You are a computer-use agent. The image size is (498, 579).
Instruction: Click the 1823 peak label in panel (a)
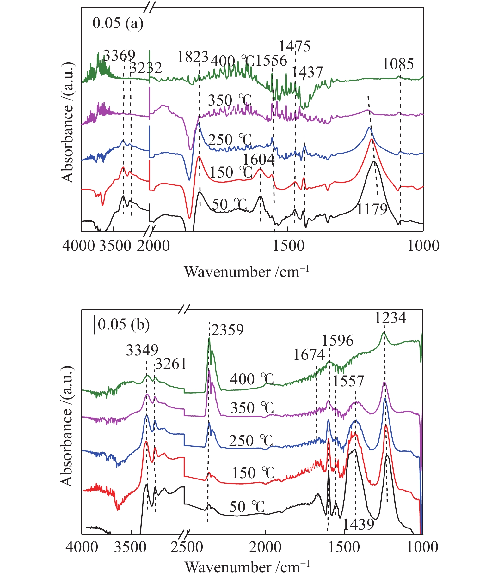tap(193, 57)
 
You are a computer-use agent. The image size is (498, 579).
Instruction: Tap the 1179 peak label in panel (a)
tap(372, 209)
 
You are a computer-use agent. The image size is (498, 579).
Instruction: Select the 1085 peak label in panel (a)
tap(398, 64)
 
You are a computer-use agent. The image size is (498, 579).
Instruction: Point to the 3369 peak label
tap(119, 56)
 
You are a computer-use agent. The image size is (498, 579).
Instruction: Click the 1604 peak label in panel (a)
tap(259, 160)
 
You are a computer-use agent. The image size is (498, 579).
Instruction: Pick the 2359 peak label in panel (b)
tap(228, 330)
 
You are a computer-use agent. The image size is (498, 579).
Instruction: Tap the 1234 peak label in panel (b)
tap(390, 317)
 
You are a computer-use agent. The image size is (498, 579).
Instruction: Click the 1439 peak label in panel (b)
tap(358, 524)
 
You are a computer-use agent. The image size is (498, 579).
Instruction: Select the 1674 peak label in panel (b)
tap(309, 355)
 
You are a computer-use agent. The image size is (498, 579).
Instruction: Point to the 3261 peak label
tap(171, 364)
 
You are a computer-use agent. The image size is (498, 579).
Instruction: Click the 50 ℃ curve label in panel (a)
tap(229, 205)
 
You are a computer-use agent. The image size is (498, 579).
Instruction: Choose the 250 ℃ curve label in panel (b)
tap(251, 441)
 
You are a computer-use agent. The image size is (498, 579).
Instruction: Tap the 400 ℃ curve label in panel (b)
tap(252, 379)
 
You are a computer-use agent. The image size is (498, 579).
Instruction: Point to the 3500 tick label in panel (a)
tap(115, 246)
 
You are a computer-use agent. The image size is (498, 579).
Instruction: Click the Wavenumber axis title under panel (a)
tap(247, 272)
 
